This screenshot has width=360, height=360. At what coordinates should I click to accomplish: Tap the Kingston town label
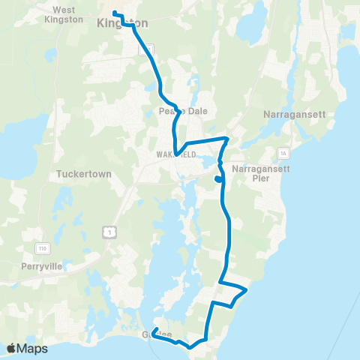coord(122,23)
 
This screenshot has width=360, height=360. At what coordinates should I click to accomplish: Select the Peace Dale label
coord(176,111)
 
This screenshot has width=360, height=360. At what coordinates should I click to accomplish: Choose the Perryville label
coord(42,265)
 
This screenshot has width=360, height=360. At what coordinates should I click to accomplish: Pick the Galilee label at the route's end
coord(157,334)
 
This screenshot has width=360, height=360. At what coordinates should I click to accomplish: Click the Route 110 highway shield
coord(45,247)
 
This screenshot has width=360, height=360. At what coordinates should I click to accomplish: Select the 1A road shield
coord(283,153)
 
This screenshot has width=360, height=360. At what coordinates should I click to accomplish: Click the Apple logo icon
coord(11,348)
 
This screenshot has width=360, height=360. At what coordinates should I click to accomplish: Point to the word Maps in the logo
coord(33,348)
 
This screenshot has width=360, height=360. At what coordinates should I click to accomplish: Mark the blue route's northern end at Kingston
coord(115,13)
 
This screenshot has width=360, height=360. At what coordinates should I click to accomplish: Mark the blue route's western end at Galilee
coord(154,331)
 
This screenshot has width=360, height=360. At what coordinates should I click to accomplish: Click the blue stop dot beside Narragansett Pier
coord(217,178)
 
